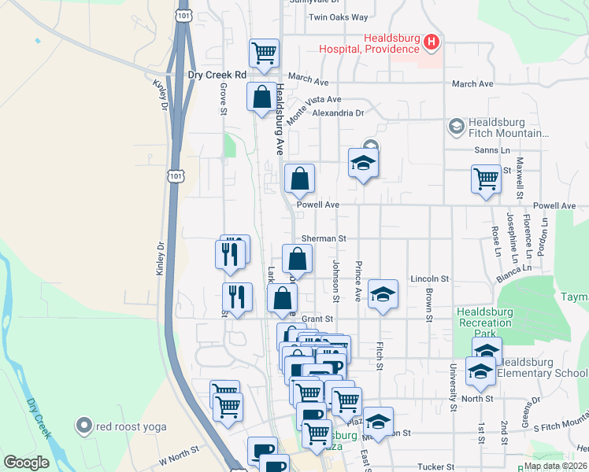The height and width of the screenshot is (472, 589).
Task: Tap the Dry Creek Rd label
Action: pos(217,76)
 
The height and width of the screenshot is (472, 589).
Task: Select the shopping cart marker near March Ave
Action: pos(264,53)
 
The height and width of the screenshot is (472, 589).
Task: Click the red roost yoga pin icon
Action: pos(84,426)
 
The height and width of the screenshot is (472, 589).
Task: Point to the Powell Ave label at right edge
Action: pos(554,205)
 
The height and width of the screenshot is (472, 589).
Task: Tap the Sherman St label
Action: pos(324,238)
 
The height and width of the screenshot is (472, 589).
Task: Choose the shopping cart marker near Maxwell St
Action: pos(486,179)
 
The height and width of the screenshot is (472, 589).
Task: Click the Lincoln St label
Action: pos(429,279)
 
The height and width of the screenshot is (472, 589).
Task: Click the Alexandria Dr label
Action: pos(337,113)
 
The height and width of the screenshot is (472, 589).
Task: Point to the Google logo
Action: pos(26,463)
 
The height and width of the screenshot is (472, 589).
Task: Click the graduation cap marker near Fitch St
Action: pos(383,294)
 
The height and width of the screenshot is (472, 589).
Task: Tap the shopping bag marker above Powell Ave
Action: pos(299,179)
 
